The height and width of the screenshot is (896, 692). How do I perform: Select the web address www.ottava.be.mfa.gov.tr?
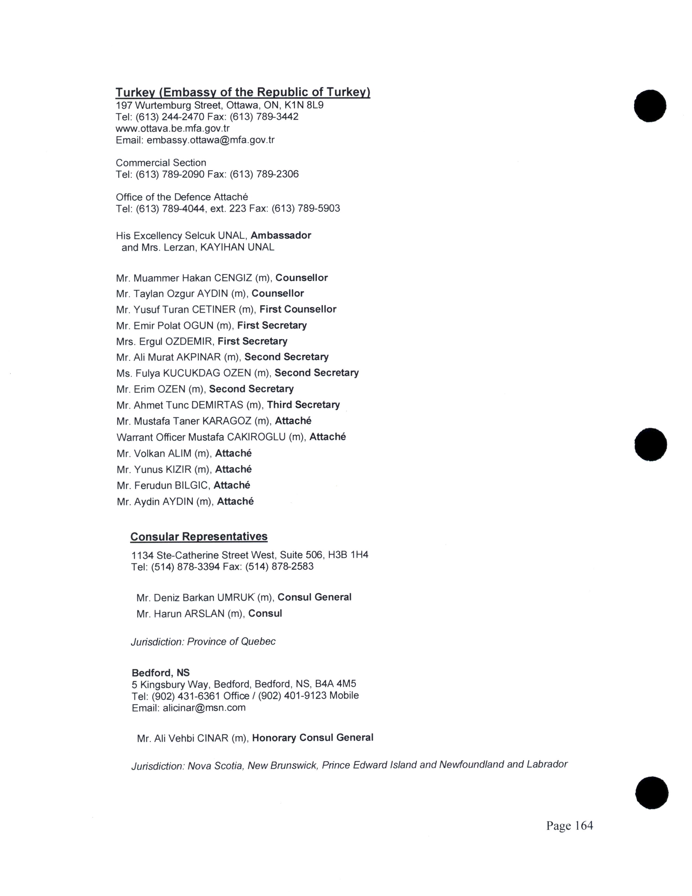tap(173, 128)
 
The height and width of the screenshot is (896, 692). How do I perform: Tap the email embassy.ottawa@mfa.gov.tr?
tap(210, 140)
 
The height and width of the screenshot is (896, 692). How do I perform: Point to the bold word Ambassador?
tap(281, 235)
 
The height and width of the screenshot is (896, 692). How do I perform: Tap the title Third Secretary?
tap(303, 405)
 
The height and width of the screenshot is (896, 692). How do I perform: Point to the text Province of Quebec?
tap(231, 642)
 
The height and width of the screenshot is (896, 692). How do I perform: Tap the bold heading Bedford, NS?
tap(161, 673)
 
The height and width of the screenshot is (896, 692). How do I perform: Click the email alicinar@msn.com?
tap(204, 708)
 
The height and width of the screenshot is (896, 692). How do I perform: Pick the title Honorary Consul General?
tap(312, 738)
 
